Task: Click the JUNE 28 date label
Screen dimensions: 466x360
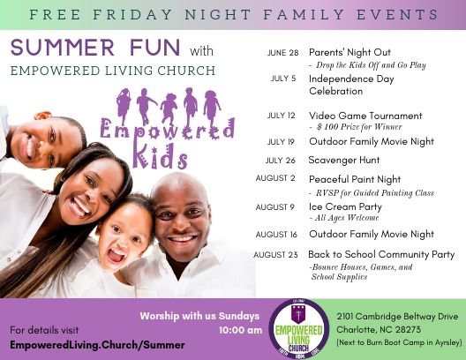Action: (282, 53)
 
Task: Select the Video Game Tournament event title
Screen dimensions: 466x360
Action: (365, 116)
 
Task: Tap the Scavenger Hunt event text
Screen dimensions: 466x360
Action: (344, 160)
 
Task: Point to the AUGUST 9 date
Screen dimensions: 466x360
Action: (274, 207)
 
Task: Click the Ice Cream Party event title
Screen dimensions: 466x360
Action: (345, 206)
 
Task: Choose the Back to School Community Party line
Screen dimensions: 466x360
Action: (381, 254)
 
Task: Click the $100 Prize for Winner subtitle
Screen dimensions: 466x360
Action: (359, 127)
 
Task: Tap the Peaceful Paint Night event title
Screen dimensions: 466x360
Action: (355, 179)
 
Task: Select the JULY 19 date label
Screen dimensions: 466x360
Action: (281, 142)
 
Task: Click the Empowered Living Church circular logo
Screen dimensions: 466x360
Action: (298, 328)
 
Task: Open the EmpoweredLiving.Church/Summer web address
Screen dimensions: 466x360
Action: (97, 345)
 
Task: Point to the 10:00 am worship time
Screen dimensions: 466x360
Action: (240, 330)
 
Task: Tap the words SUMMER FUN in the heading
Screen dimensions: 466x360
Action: (95, 48)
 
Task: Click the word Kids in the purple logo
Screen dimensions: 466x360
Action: (161, 156)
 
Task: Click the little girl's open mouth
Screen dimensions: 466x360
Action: (116, 255)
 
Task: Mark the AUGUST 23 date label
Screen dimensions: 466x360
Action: (275, 255)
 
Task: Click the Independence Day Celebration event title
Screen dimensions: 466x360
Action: (351, 85)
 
